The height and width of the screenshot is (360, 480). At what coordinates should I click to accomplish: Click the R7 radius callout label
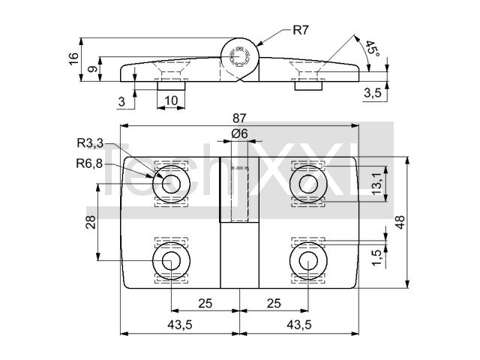pos(301,30)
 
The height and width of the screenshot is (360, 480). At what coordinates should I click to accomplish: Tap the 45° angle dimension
pos(373,48)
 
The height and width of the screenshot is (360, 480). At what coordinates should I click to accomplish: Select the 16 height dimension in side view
pos(73,58)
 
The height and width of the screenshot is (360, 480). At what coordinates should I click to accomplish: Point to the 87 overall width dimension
pos(239,118)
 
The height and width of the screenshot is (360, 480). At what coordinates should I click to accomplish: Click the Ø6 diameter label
pos(239,133)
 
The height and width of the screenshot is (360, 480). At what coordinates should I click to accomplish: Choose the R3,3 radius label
pos(90,143)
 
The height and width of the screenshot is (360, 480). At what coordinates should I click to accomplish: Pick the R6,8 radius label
pos(89,163)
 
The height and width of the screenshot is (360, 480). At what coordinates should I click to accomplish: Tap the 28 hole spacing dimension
pos(91,222)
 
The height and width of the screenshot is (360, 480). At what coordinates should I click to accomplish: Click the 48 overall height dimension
pos(400,222)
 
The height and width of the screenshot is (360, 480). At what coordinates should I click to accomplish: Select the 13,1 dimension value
pos(377,183)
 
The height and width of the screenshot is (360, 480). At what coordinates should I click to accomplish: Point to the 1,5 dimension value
pos(377,257)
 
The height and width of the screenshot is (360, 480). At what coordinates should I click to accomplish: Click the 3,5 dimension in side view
pos(373,92)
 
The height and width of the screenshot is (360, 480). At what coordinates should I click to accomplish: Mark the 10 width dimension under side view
pos(171,100)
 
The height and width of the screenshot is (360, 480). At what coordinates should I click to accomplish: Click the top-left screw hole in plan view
pos(172,184)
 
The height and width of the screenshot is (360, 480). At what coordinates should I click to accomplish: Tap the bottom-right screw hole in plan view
pos(308,261)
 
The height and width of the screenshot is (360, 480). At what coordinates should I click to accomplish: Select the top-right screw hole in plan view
pos(308,184)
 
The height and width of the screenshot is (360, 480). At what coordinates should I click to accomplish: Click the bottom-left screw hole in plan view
pos(172,261)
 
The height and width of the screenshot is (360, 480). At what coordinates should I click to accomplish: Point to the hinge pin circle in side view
pos(240,57)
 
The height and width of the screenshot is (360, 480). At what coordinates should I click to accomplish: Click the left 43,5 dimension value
pos(180,325)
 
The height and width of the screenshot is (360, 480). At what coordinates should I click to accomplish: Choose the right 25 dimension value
pos(274,303)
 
